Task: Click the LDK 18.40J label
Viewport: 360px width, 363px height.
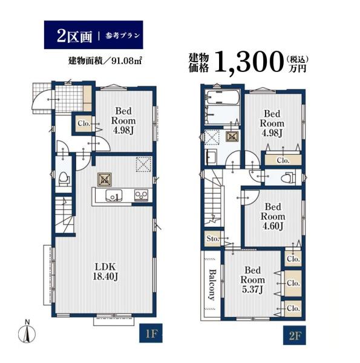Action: click(x=105, y=272)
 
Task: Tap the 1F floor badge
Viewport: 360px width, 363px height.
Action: click(x=151, y=333)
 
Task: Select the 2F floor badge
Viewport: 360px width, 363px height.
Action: click(x=295, y=335)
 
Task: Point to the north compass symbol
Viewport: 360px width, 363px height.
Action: click(x=27, y=332)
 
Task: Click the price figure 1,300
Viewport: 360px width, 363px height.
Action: click(x=249, y=62)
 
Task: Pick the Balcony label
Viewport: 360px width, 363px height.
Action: click(x=212, y=285)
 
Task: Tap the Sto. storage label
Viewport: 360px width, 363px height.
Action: click(x=213, y=238)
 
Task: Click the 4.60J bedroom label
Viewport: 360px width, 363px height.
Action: click(x=273, y=217)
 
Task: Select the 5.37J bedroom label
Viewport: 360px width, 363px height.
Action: click(x=252, y=280)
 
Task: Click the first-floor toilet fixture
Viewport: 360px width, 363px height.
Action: click(x=64, y=178)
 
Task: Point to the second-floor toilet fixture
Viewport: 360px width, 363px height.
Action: click(x=288, y=177)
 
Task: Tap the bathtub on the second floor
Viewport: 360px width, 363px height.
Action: click(x=223, y=97)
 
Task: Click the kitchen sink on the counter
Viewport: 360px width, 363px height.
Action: click(x=114, y=195)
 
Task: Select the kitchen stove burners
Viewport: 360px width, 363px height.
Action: click(x=141, y=195)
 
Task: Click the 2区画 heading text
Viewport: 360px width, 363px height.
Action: click(x=74, y=36)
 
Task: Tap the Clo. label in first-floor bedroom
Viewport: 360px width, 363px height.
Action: click(x=84, y=123)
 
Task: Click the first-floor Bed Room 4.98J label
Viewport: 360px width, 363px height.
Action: click(x=123, y=120)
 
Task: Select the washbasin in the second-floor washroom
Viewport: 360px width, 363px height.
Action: click(x=211, y=157)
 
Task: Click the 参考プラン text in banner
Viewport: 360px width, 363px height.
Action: click(x=123, y=36)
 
